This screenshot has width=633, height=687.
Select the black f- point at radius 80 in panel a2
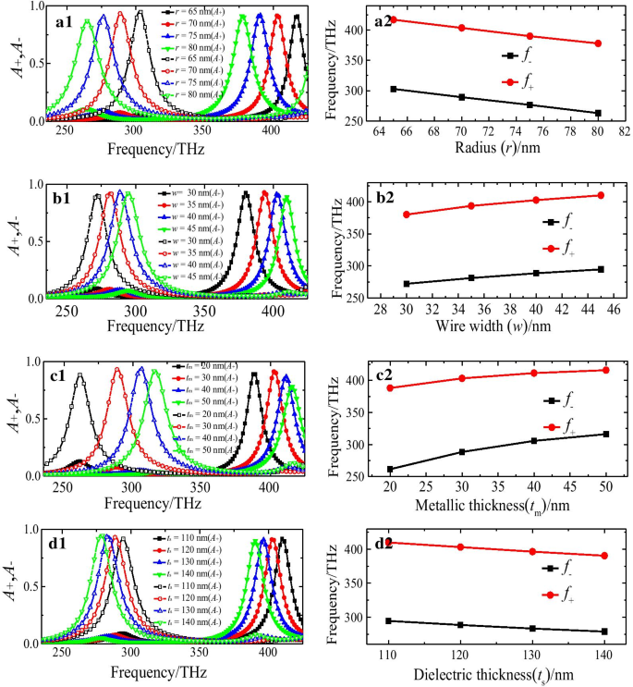598,113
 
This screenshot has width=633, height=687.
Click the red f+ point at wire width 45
601,195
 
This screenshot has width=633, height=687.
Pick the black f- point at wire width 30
407,284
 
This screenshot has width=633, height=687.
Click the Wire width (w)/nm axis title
491,326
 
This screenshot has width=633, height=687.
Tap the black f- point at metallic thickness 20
390,470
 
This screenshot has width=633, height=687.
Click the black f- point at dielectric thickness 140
604,632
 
